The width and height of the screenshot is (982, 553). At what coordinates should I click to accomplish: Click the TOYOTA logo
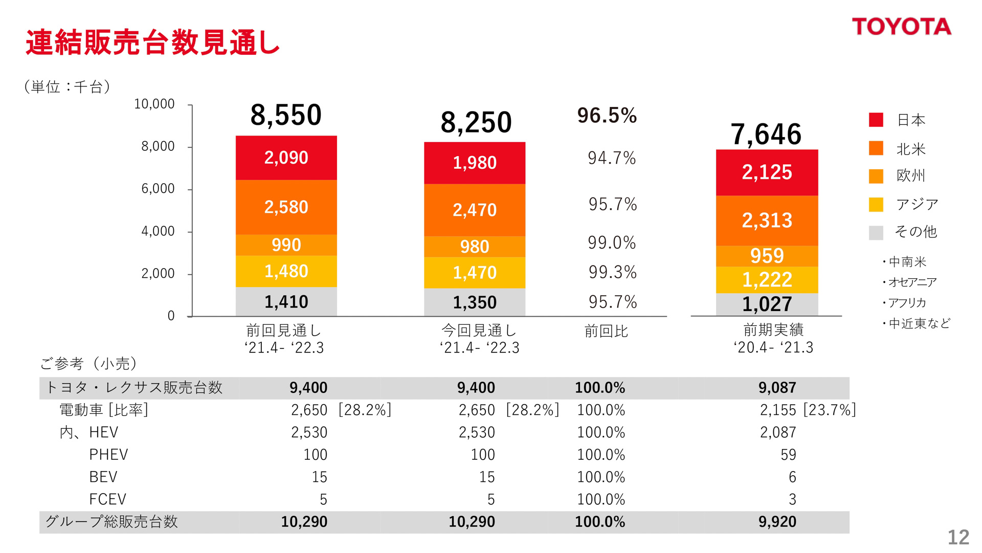(901, 27)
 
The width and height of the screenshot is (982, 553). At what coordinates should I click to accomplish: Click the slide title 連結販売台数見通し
(152, 42)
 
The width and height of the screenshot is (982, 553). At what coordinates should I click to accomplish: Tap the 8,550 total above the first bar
(286, 115)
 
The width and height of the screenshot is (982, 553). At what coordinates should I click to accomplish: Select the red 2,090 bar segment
(286, 158)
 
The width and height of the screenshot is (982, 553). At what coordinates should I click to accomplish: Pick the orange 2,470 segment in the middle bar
(474, 210)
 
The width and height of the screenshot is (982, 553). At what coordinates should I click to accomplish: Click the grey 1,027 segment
(767, 304)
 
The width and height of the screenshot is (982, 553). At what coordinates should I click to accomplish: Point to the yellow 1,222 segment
(767, 280)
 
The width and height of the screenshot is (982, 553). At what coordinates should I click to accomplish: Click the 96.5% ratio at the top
(607, 116)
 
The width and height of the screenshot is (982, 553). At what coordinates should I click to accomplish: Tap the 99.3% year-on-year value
(612, 272)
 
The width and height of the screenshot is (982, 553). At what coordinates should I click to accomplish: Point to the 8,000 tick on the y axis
(158, 147)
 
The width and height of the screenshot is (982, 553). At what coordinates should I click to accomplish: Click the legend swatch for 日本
(876, 120)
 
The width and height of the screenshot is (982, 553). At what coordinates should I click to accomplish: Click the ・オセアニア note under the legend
(909, 282)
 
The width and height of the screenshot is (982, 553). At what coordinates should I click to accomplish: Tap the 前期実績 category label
(773, 330)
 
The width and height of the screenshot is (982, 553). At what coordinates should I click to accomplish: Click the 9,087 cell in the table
(777, 388)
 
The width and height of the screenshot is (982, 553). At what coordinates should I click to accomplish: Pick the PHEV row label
(108, 455)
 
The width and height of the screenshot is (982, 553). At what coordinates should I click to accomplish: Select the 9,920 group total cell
(777, 522)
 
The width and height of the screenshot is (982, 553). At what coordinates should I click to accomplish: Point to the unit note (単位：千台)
(67, 87)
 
